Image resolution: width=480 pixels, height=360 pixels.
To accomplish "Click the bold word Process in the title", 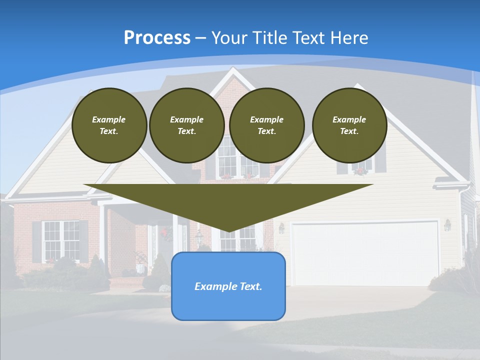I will click(157, 38).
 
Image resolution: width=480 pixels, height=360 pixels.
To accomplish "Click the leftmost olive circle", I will click(109, 125).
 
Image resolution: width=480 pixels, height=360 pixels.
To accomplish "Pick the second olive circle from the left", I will click(186, 125).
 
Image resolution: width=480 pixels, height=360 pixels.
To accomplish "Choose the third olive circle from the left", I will click(266, 125).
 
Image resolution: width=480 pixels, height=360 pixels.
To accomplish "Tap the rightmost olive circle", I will click(349, 125).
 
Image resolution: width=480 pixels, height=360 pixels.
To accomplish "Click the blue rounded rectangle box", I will click(228, 286).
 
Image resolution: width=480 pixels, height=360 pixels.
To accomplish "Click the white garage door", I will click(365, 253).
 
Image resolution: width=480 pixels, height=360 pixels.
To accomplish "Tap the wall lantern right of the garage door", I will click(447, 225).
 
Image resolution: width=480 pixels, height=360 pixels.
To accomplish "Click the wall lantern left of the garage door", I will click(281, 228).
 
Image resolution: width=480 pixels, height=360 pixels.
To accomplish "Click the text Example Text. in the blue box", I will click(228, 286).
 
